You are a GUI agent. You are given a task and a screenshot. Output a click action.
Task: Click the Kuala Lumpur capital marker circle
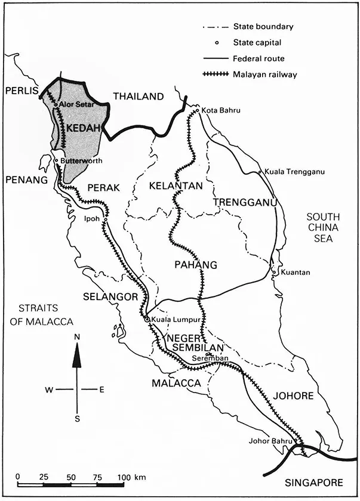[x=147, y=320]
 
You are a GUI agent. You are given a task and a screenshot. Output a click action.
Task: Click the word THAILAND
[x=138, y=97]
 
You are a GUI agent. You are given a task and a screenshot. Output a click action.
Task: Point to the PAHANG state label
[x=195, y=265]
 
